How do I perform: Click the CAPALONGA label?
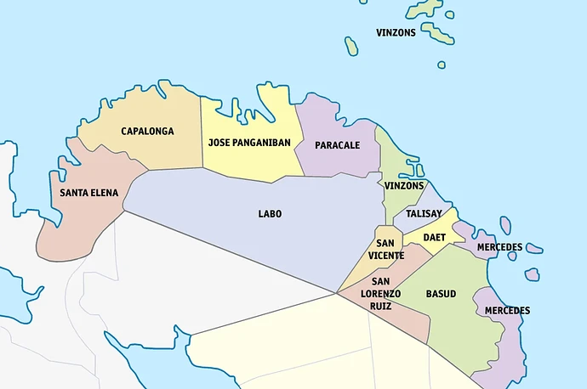point(147,132)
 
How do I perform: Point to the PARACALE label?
point(337,145)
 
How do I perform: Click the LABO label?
point(270,214)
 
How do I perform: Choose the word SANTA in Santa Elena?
point(74,194)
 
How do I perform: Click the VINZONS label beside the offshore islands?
point(396,33)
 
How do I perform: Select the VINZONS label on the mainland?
point(403,186)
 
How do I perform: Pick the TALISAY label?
point(423,214)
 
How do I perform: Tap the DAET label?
point(434,238)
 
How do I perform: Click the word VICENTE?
point(385,256)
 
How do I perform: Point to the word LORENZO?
point(380,294)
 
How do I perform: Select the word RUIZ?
point(380,306)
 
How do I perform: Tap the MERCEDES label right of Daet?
point(499,247)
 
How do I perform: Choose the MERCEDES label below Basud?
point(507,311)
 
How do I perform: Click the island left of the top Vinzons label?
point(350,46)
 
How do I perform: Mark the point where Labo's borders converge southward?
point(338,293)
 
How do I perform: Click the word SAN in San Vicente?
point(385,244)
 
